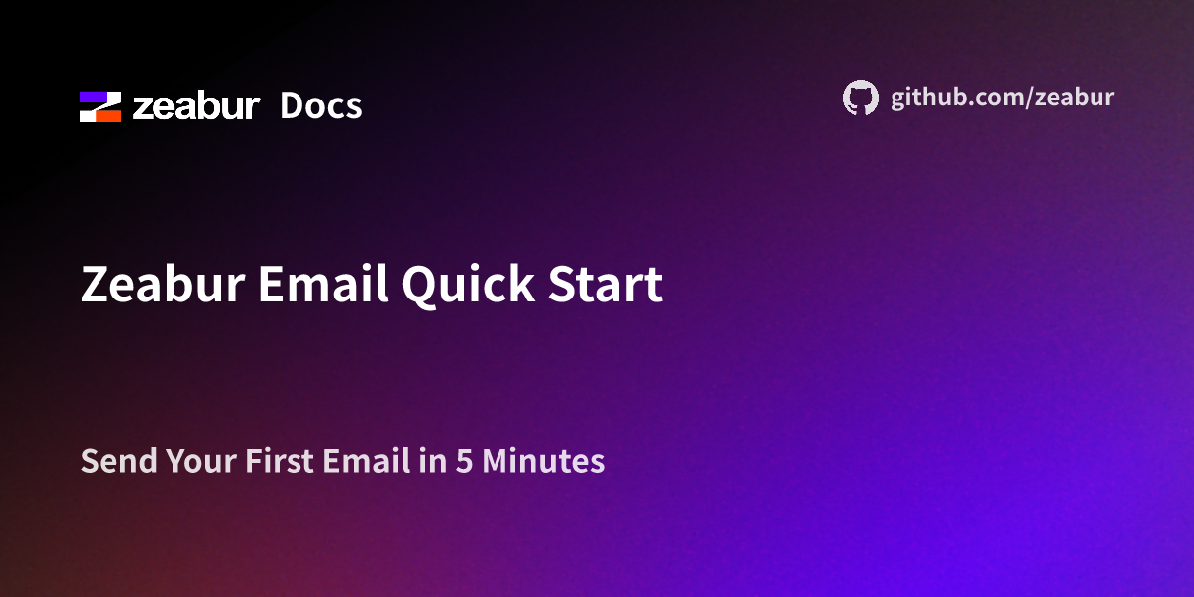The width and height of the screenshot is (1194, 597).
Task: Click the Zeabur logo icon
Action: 100,106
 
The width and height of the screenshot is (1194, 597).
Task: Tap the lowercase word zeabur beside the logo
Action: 196,106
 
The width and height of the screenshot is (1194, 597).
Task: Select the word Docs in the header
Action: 320,106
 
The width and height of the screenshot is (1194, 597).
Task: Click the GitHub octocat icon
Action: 861,98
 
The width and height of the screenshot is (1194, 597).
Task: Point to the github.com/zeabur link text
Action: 1002,98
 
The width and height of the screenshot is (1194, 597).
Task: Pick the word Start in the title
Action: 606,286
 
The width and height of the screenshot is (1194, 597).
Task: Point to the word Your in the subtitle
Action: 200,462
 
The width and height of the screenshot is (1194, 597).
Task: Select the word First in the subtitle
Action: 278,462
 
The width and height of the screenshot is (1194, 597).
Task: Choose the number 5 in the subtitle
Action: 464,462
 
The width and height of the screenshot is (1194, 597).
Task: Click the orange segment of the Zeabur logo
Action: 106,114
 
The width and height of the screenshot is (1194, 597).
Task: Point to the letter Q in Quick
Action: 421,287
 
